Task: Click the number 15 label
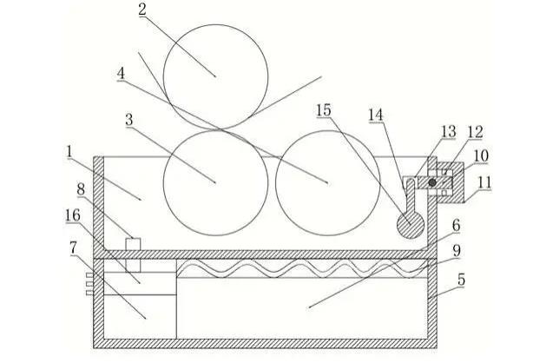[324, 110]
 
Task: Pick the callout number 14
[375, 115]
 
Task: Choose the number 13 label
[448, 131]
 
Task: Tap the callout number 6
[455, 224]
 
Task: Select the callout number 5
[461, 280]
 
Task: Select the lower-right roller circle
[327, 182]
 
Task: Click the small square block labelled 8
[133, 243]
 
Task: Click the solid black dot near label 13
[431, 182]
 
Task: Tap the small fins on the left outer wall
[89, 283]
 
